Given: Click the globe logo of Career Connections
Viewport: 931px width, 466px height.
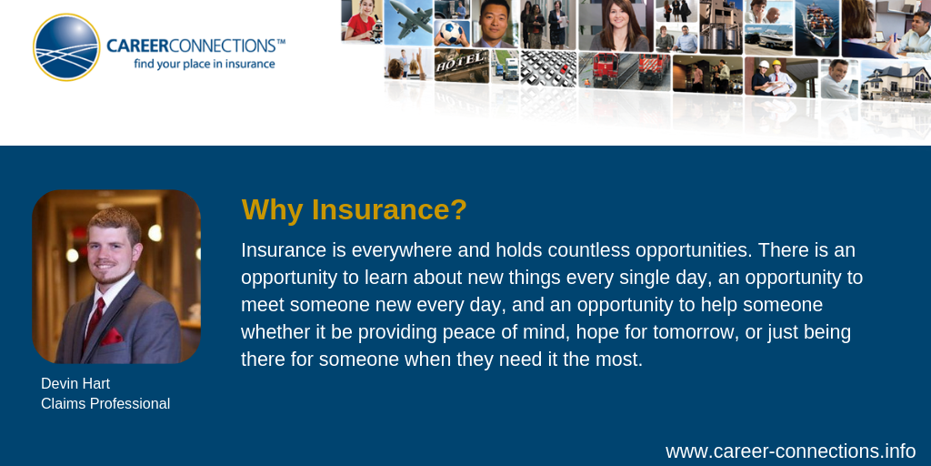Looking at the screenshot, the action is point(66,47).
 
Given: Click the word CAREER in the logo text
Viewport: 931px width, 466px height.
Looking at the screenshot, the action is point(138,46).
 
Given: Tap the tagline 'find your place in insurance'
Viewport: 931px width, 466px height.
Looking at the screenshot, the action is point(205,64).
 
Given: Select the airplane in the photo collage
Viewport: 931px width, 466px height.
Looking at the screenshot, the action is point(409,20).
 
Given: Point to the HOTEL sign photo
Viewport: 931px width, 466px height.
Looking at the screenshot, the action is point(461,65).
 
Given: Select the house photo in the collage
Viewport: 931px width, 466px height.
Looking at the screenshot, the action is point(896,80).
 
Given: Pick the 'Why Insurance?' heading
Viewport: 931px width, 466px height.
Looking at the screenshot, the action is point(354,210).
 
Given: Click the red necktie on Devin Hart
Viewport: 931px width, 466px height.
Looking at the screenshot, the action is point(95,321).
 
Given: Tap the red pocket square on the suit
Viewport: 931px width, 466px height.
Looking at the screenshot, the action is point(112,337).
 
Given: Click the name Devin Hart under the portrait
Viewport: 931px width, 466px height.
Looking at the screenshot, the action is point(75,383).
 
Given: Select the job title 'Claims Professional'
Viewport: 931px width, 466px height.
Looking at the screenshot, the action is point(105,403).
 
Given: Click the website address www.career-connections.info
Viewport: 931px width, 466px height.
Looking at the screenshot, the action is point(790,451).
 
